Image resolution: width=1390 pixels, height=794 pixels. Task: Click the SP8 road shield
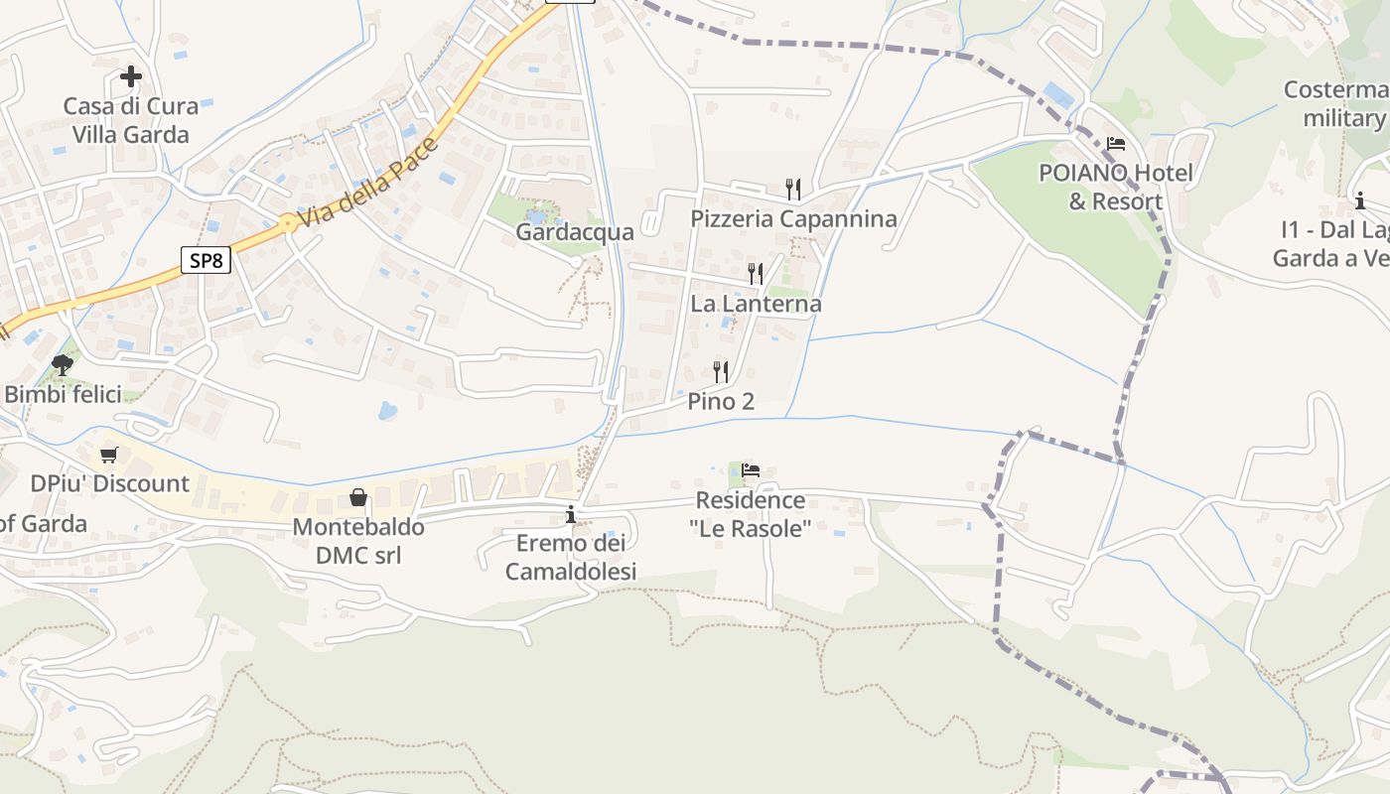point(207,261)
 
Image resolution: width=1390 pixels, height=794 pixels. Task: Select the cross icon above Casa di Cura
point(131,76)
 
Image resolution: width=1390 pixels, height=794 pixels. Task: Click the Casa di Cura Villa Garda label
point(131,120)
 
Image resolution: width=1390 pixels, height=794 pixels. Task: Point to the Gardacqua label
point(574,232)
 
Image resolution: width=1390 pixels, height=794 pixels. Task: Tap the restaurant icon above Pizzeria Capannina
point(793,189)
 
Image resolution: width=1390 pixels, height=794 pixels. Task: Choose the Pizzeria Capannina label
point(793,218)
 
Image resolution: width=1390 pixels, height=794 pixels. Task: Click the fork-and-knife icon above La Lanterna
point(756,273)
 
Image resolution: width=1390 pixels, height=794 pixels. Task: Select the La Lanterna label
point(756,304)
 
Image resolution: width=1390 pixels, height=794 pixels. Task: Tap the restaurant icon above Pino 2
point(721,372)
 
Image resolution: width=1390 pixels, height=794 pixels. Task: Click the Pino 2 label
point(721,402)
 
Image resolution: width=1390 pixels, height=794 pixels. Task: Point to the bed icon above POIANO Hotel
point(1116,144)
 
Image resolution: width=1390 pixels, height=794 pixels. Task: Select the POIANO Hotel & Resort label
point(1115,188)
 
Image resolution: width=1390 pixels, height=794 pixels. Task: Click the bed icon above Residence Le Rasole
point(751,470)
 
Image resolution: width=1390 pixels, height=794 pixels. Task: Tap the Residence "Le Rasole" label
point(751,514)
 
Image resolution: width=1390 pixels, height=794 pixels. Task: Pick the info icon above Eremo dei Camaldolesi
point(571,514)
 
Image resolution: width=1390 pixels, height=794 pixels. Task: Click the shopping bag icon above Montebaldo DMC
point(358,497)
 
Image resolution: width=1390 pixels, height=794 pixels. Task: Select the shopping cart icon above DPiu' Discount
point(109,455)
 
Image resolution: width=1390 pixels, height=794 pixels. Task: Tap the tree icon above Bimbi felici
point(63,364)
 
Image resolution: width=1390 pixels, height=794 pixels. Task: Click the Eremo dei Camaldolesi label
point(571,558)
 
